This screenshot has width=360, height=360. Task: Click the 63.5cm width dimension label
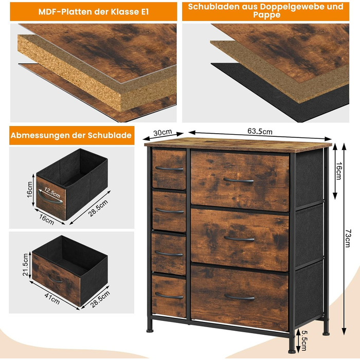point(260,131)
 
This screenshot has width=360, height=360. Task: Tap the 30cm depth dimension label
point(163,132)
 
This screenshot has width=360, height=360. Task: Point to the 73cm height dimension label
point(347,238)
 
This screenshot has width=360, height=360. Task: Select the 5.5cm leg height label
point(303,340)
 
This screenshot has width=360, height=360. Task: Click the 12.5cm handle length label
point(52,193)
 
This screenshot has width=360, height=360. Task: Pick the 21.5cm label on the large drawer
point(26,264)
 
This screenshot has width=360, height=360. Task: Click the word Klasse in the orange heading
point(124,12)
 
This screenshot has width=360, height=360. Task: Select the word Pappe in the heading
point(266,15)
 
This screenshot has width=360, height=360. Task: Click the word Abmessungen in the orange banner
point(40,135)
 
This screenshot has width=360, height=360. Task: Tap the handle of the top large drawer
point(239,181)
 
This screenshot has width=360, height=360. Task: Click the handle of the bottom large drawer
point(240,298)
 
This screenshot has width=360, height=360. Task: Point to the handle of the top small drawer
point(169,169)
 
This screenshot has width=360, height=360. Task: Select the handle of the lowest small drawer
point(169,296)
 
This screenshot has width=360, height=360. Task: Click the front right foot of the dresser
point(292,351)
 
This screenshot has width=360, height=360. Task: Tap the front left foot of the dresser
point(150,331)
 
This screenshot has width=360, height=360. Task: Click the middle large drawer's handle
point(239,239)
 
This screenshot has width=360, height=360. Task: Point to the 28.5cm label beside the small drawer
point(98,208)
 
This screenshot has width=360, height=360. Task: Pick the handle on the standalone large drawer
point(55,279)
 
